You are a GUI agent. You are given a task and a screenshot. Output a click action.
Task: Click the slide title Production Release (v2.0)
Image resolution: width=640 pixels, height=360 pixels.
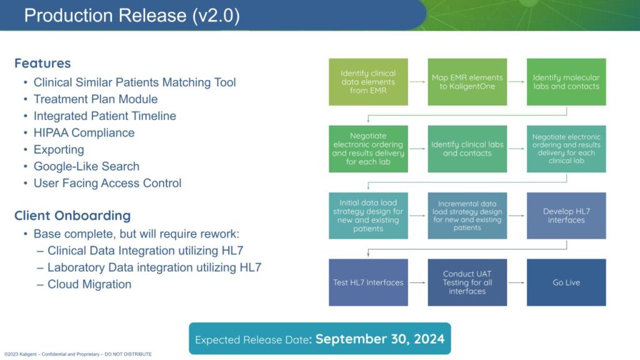pyautogui.click(x=132, y=16)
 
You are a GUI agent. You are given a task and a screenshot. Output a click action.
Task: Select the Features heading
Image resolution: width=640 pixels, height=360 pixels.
pyautogui.click(x=42, y=63)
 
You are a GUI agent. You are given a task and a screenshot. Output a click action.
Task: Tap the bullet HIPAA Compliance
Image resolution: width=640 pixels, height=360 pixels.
pyautogui.click(x=84, y=132)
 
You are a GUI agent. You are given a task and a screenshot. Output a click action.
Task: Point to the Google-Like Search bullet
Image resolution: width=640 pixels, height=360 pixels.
pyautogui.click(x=86, y=166)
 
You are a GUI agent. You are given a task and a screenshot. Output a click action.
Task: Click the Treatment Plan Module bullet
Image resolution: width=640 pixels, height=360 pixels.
pyautogui.click(x=96, y=99)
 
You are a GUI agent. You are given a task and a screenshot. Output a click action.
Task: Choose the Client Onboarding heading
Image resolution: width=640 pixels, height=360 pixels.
pyautogui.click(x=72, y=216)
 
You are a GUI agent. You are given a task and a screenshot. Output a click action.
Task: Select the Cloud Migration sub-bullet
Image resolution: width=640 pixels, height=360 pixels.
pyautogui.click(x=89, y=284)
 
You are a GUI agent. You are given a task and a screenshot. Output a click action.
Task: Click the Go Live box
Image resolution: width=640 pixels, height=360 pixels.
pyautogui.click(x=566, y=282)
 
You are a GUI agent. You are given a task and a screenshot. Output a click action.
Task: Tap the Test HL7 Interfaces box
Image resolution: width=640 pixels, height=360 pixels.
pyautogui.click(x=368, y=282)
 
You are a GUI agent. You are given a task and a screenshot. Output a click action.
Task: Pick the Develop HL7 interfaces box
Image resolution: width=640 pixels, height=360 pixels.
pyautogui.click(x=566, y=216)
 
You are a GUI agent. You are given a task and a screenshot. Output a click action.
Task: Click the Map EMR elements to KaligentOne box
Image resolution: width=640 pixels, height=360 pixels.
pyautogui.click(x=467, y=82)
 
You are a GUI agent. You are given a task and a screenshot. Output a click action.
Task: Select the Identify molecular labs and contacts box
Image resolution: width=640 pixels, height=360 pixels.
pyautogui.click(x=566, y=82)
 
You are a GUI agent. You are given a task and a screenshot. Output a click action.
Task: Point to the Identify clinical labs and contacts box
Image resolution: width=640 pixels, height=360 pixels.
pyautogui.click(x=467, y=149)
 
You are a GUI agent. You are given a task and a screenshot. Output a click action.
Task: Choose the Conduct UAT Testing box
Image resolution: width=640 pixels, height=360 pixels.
pyautogui.click(x=467, y=282)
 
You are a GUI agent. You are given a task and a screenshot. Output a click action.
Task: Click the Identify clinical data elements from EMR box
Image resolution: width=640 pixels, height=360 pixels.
pyautogui.click(x=368, y=82)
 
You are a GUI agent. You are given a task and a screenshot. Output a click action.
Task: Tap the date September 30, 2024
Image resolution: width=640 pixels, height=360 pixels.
pyautogui.click(x=380, y=339)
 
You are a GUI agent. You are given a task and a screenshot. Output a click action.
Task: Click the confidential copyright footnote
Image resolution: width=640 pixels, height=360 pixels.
pyautogui.click(x=78, y=354)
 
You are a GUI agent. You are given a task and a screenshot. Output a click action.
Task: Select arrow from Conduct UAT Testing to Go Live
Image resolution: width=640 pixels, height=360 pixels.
pyautogui.click(x=517, y=282)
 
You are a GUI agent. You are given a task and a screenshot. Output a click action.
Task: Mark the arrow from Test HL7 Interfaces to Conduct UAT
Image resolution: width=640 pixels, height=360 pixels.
pyautogui.click(x=417, y=282)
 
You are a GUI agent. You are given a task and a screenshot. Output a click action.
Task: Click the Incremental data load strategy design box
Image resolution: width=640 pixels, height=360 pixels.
pyautogui.click(x=467, y=216)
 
